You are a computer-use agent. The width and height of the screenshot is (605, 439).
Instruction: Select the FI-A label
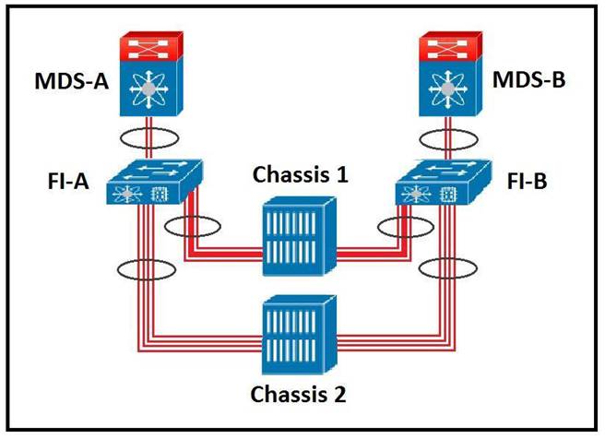click(69, 181)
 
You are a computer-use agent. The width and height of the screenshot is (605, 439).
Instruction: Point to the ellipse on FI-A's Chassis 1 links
click(196, 226)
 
